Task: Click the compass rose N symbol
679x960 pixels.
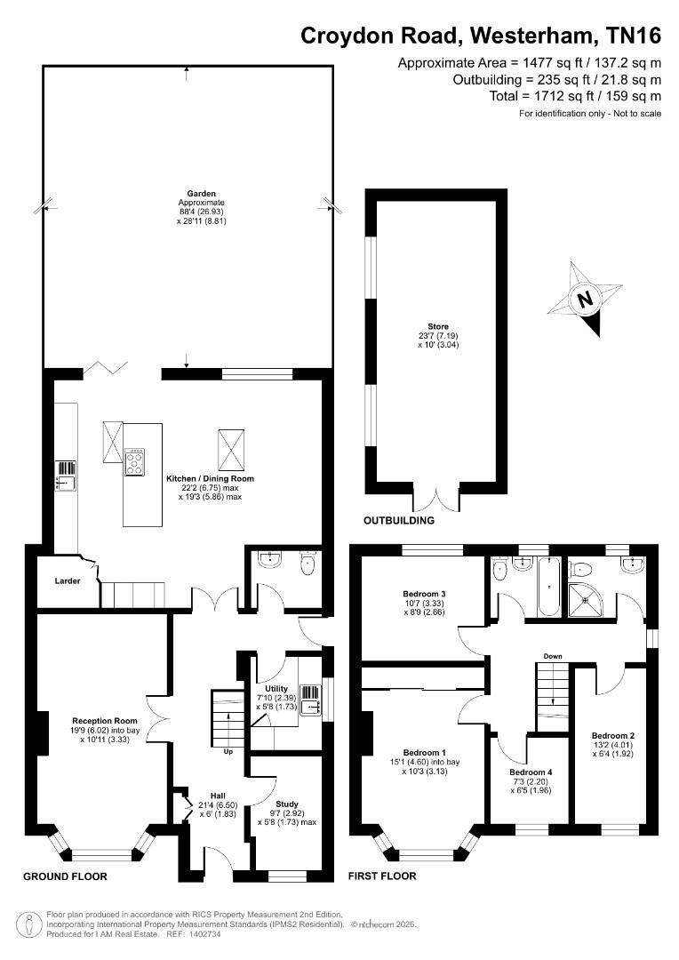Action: (586, 300)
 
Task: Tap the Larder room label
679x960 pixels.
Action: (68, 580)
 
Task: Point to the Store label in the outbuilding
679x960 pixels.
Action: (438, 326)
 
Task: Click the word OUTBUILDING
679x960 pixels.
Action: (399, 520)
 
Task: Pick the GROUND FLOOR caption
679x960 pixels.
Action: (65, 876)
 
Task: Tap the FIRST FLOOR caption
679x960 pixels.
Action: (382, 876)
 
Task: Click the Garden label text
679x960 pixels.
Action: (202, 194)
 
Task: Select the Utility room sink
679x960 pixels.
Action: (312, 700)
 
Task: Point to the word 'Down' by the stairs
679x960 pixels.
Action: (553, 656)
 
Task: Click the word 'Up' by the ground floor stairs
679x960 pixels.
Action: (228, 751)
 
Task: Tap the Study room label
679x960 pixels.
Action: (286, 804)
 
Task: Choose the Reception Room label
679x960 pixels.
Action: (105, 721)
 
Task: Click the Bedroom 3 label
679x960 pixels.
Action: (424, 593)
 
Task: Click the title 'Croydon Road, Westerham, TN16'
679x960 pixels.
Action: (481, 36)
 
